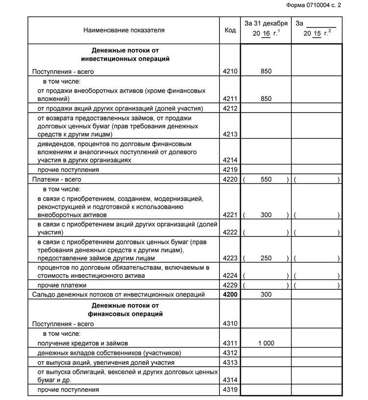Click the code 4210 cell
pos(230,71)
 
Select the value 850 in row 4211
pos(266,99)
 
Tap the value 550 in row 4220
pos(266,180)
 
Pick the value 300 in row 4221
pos(266,215)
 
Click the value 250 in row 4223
pos(266,258)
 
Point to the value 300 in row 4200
pos(266,295)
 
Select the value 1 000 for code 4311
pos(266,344)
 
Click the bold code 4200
pos(230,295)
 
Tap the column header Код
pos(230,30)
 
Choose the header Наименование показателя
pos(124,30)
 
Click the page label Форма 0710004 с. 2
pos(313,5)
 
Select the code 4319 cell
pos(230,390)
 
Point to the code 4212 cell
pos(230,109)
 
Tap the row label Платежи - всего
pos(56,180)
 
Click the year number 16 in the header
pos(266,34)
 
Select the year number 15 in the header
pos(317,34)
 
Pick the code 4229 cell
pos(230,285)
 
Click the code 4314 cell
pos(230,380)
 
